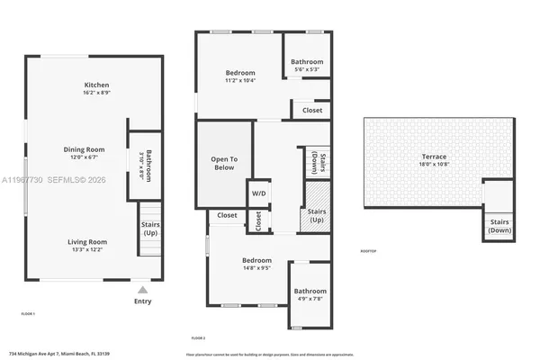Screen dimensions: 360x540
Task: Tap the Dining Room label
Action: click(84, 149)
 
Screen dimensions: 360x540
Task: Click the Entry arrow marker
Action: click(142, 290)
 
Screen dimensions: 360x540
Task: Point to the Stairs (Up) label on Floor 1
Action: click(148, 227)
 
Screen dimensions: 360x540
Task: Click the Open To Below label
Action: click(224, 163)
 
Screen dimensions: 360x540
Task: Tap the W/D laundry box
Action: click(258, 193)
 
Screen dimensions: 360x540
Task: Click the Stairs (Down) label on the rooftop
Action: click(499, 226)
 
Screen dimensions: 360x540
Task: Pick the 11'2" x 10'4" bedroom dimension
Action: click(239, 81)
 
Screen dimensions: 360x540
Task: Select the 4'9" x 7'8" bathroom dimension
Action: click(309, 299)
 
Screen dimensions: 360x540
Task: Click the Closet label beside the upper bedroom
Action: click(311, 110)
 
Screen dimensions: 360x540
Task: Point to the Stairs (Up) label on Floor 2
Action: click(317, 216)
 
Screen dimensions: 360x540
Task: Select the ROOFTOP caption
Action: click(368, 250)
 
